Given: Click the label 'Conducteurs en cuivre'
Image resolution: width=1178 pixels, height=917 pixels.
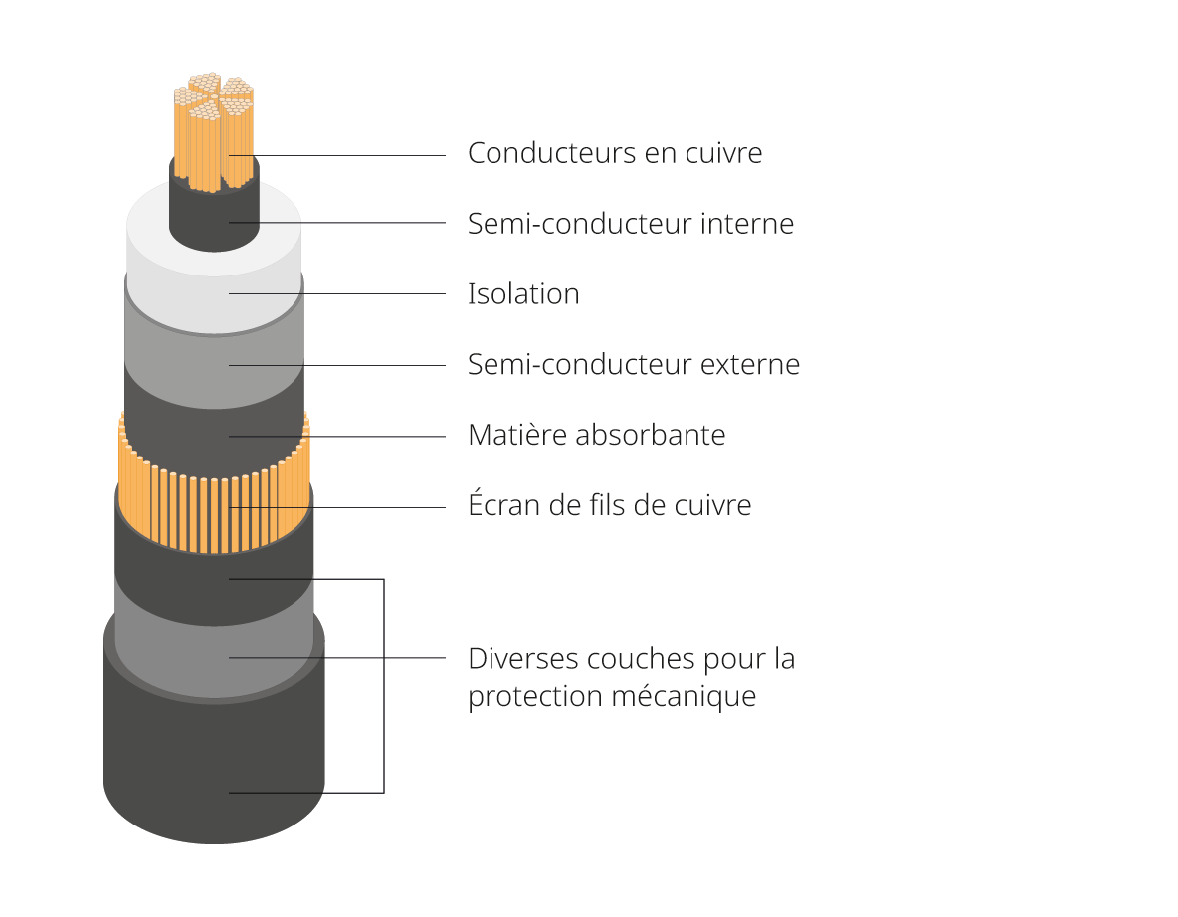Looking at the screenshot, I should coord(614,153).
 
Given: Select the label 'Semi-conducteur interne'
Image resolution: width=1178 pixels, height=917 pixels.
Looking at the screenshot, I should coord(630,224).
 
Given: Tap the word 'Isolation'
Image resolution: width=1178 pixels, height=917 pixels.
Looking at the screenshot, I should coord(523,294).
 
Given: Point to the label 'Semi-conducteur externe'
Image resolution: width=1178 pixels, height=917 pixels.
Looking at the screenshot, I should coord(633,364).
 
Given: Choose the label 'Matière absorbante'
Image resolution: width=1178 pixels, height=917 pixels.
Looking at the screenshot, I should coord(596,435).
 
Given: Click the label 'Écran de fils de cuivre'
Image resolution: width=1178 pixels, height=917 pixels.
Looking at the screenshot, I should coord(609,505).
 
